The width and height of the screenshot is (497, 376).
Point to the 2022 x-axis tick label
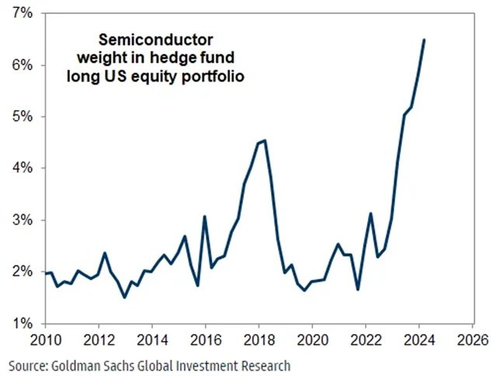364,340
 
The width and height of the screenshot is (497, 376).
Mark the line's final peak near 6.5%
423,40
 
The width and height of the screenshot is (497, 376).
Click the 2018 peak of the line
265,140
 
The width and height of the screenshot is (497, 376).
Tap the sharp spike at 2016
204,216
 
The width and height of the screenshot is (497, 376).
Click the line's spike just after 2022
371,213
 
